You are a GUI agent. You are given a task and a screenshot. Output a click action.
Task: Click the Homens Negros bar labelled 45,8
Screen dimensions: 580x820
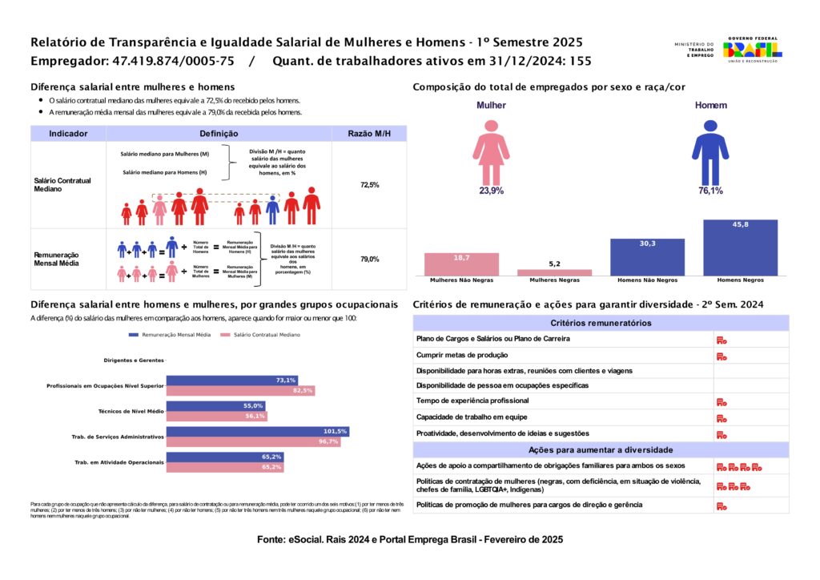click(741, 248)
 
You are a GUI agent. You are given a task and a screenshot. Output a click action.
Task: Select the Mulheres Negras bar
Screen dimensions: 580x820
click(555, 272)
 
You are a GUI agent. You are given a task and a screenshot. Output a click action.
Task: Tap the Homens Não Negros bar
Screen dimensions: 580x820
click(648, 257)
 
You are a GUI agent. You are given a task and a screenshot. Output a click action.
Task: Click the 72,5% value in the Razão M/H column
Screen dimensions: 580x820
click(369, 185)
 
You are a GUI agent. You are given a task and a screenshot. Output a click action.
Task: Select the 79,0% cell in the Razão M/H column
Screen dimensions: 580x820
click(369, 260)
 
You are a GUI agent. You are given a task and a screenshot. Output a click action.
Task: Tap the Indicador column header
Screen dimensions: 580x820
click(68, 134)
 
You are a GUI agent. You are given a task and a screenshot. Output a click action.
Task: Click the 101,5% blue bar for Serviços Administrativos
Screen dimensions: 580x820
click(257, 432)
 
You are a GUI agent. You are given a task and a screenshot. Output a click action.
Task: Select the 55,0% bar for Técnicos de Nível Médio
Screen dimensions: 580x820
click(215, 406)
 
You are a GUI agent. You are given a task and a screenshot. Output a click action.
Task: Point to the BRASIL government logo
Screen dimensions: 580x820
click(753, 49)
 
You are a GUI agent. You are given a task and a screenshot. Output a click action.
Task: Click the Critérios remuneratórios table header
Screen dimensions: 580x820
click(601, 323)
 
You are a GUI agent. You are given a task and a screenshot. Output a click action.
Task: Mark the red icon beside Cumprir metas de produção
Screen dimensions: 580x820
click(722, 355)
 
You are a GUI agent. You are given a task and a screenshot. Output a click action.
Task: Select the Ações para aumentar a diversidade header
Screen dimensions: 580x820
click(601, 449)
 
